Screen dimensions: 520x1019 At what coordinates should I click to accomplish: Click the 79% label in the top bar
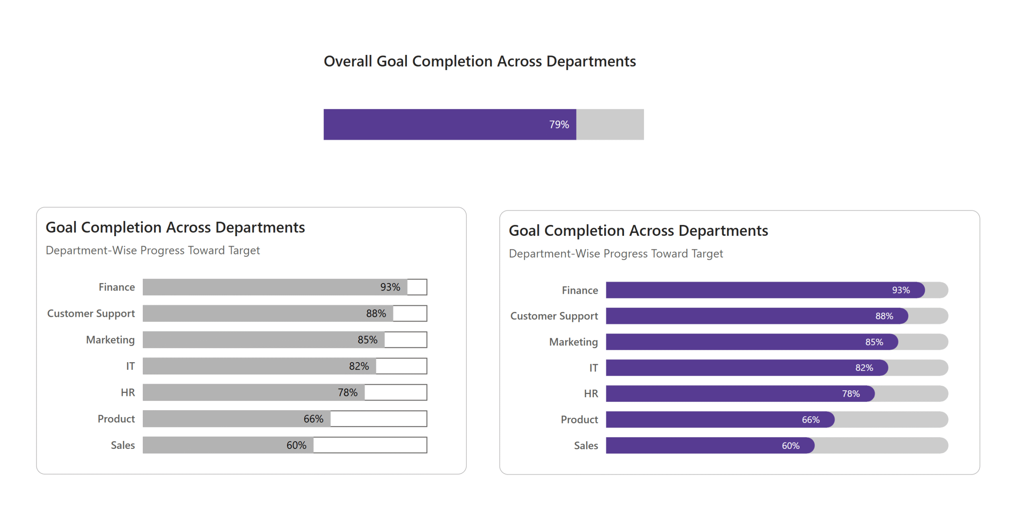coord(558,124)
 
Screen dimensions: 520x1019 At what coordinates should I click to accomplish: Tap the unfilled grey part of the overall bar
coord(609,124)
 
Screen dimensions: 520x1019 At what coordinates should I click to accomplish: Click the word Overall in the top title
coord(347,61)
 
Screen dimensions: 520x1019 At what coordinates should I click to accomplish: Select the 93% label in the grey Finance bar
coord(390,287)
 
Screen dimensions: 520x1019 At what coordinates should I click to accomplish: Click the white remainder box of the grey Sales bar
coord(370,445)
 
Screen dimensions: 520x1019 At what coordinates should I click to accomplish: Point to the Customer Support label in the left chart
coord(91,313)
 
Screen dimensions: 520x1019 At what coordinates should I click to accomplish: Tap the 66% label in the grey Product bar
coord(313,419)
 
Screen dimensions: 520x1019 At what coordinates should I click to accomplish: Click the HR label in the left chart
coord(128,392)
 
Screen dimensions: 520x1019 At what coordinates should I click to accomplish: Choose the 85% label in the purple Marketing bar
coord(874,342)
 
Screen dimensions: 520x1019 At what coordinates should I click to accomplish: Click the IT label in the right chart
coord(593,368)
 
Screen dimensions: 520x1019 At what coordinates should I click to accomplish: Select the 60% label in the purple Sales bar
coord(790,446)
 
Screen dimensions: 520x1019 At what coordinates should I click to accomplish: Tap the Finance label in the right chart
coord(580,290)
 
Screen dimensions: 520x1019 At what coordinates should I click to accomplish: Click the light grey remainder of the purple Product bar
coord(891,419)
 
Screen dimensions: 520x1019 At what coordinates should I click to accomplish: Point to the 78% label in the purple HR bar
coord(851,394)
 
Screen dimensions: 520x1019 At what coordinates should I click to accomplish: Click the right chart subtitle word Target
coord(707,254)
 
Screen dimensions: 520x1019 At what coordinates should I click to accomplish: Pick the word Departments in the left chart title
coord(260,227)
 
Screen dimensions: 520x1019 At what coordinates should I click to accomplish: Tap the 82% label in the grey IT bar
coord(359,366)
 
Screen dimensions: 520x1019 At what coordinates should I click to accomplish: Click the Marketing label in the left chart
coord(110,340)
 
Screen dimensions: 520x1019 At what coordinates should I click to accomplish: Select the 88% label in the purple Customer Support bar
coord(884,316)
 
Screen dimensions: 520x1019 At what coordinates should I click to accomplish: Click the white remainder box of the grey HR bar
coord(395,392)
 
